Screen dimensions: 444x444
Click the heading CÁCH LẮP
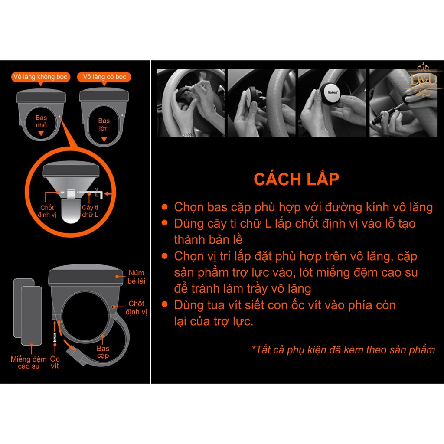tap(296, 179)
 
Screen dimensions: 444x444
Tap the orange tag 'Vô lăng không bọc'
tap(40, 77)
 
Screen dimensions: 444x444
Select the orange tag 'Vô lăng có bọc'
tap(104, 77)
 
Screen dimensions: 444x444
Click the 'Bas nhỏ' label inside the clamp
tap(41, 121)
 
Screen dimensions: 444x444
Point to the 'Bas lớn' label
tap(104, 124)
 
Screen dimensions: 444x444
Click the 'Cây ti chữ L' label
tap(90, 211)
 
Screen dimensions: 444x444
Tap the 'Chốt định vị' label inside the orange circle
tap(47, 211)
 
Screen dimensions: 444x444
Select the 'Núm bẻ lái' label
tap(136, 277)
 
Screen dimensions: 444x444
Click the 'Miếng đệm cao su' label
tap(29, 362)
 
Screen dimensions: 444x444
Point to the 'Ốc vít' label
tap(55, 362)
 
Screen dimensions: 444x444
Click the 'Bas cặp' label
tap(103, 352)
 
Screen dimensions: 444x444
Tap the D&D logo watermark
tap(423, 80)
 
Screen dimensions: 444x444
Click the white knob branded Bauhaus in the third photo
tap(332, 92)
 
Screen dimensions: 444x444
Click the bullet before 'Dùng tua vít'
tap(164, 304)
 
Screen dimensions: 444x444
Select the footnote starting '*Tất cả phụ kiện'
tap(343, 350)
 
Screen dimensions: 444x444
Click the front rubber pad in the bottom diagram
tap(31, 316)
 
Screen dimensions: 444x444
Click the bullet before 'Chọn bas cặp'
tap(164, 207)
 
